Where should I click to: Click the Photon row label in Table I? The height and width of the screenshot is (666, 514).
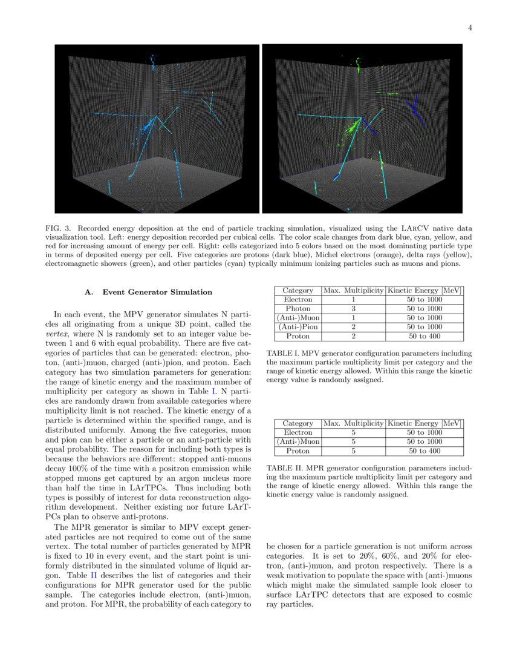tap(298, 309)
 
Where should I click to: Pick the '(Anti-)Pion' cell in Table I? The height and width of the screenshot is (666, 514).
tap(298, 327)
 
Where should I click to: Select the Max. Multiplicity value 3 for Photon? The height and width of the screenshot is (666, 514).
tap(354, 309)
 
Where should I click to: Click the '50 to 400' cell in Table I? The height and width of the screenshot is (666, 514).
tap(425, 336)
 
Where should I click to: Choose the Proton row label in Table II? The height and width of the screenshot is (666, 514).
tap(298, 451)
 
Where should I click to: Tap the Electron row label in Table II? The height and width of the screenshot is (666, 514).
tap(298, 432)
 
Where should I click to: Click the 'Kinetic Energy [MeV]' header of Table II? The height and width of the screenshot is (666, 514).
tap(425, 423)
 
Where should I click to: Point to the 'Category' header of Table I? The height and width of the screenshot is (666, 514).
tap(298, 291)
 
